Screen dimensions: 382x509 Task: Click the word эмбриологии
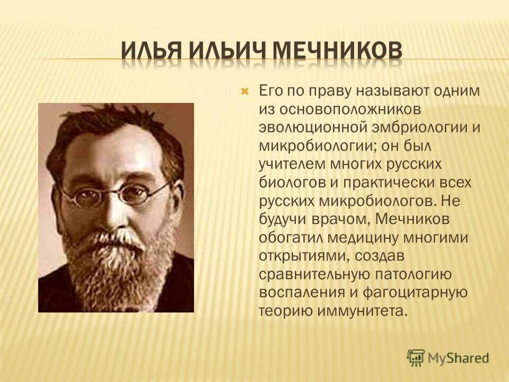415,127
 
